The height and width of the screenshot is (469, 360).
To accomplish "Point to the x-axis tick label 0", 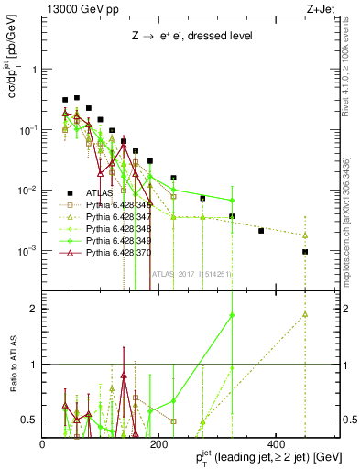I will (43, 443).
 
